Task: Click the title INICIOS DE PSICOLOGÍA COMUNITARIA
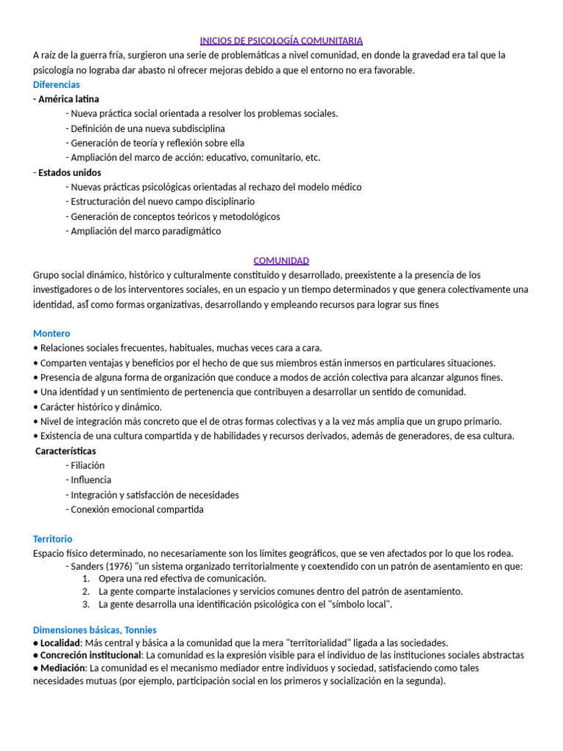point(281,40)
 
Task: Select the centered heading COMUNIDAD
point(281,260)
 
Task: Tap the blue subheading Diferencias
point(56,84)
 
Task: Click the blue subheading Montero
point(51,333)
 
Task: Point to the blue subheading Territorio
point(53,538)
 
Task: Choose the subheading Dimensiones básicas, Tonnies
point(95,629)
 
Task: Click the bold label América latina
point(68,99)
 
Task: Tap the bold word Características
point(66,450)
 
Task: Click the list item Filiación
point(87,465)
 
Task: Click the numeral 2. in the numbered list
point(86,591)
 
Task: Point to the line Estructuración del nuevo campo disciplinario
point(162,201)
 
